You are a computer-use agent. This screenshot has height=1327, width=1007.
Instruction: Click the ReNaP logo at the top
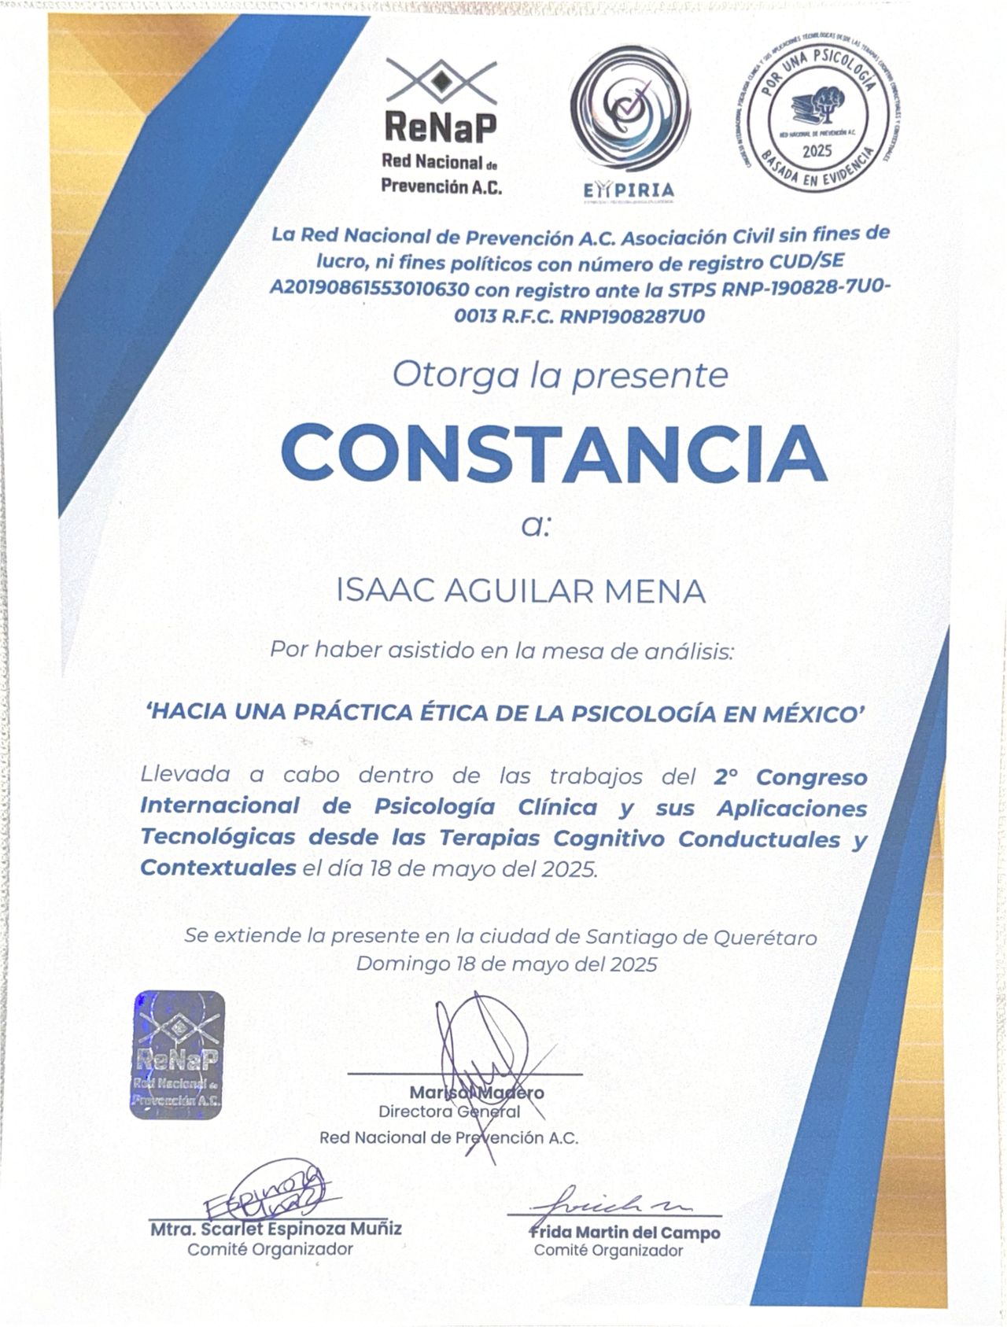point(441,126)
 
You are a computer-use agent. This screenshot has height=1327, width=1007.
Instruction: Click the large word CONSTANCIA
point(554,457)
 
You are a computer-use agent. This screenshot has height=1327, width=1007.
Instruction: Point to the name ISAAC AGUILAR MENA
point(520,591)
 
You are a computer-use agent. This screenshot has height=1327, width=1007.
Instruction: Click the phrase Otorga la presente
point(560,376)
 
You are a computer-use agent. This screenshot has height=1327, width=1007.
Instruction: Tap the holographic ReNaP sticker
point(177,1049)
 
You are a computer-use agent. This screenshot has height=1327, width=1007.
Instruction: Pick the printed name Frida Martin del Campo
point(625,1233)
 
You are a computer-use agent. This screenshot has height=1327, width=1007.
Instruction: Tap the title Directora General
point(449,1111)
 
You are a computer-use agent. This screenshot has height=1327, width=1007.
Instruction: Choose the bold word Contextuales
point(218,868)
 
